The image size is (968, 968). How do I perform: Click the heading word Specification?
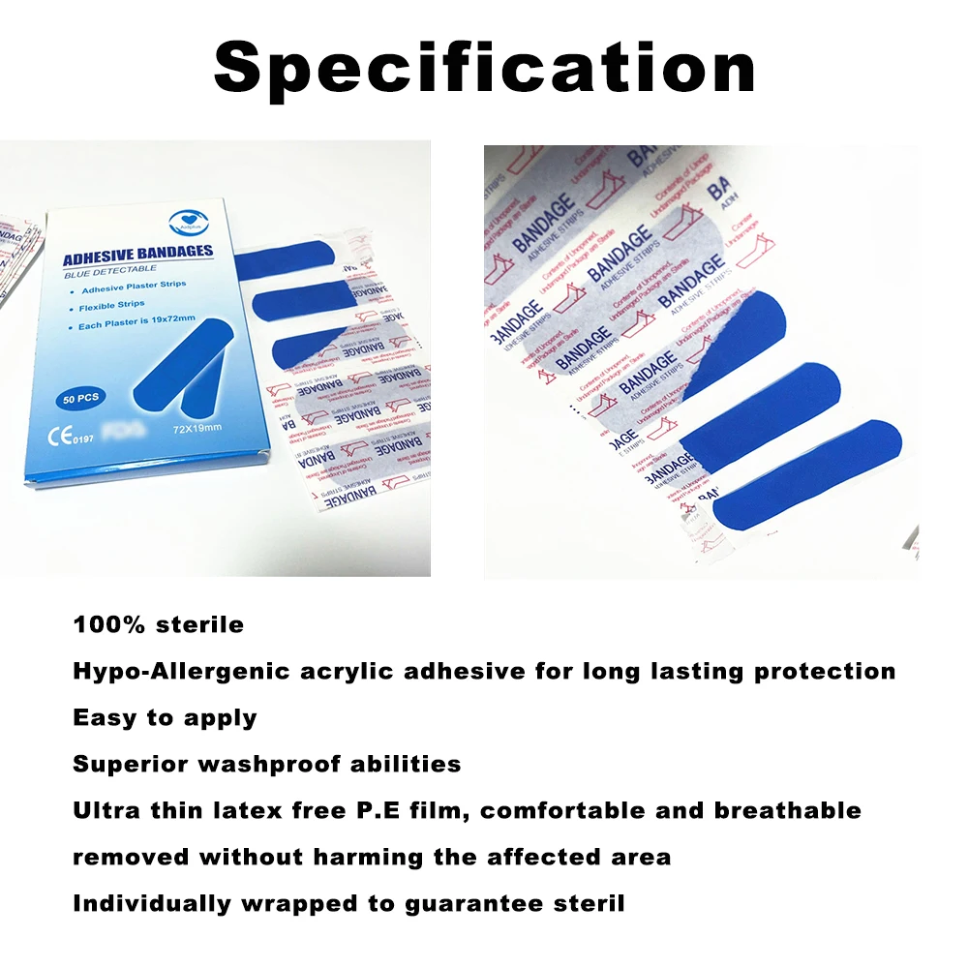click(484, 68)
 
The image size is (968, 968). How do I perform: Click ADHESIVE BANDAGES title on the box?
click(137, 256)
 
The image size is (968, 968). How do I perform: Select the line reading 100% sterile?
click(159, 624)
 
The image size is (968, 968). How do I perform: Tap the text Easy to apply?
click(165, 717)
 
